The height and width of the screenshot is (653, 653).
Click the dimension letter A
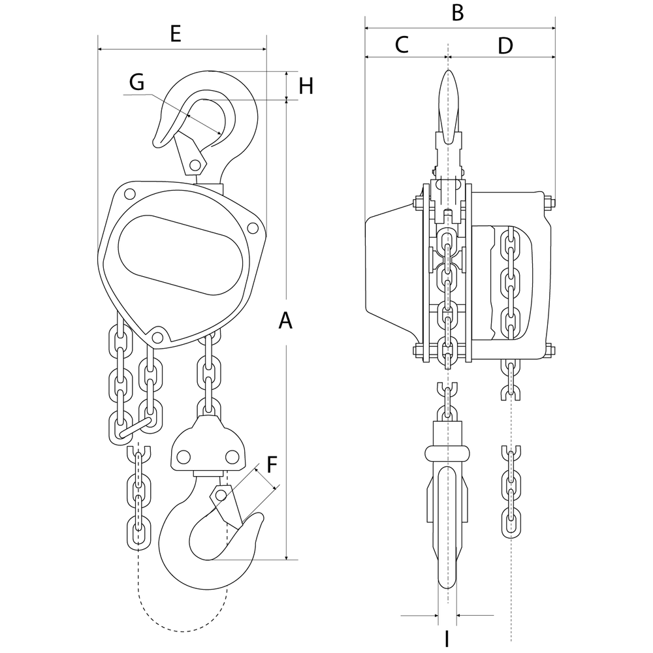(285, 321)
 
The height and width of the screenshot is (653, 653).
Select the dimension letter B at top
(458, 12)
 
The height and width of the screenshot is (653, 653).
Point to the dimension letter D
(505, 45)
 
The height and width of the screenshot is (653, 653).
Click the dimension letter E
(175, 34)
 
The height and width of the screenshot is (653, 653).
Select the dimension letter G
(136, 82)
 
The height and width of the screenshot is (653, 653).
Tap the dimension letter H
(306, 86)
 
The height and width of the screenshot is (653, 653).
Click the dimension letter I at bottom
(447, 639)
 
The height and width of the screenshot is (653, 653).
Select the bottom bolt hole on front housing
(157, 337)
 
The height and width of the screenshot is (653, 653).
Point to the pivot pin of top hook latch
(195, 163)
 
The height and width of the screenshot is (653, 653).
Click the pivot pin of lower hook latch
(221, 496)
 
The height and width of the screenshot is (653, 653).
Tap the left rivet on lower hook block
(183, 455)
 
